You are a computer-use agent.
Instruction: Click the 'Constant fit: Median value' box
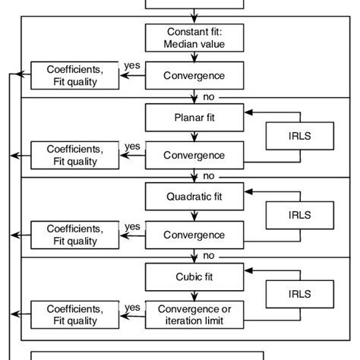tap(195, 39)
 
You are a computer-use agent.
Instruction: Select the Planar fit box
tap(195, 118)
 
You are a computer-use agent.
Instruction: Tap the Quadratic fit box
tap(195, 197)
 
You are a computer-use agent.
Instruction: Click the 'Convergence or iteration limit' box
tap(195, 314)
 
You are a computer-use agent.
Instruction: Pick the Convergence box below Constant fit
tap(195, 76)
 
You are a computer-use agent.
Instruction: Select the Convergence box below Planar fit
tap(195, 155)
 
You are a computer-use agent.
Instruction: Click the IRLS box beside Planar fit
tap(299, 136)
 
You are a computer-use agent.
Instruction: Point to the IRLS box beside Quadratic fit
tap(299, 215)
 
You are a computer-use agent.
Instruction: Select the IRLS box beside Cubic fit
tap(299, 294)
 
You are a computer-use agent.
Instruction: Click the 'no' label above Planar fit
tap(208, 97)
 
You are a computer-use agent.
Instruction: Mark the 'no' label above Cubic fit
tap(208, 255)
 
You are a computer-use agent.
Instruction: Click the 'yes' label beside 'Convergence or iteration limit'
tap(132, 306)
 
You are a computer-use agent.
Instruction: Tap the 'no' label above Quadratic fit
tap(208, 176)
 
